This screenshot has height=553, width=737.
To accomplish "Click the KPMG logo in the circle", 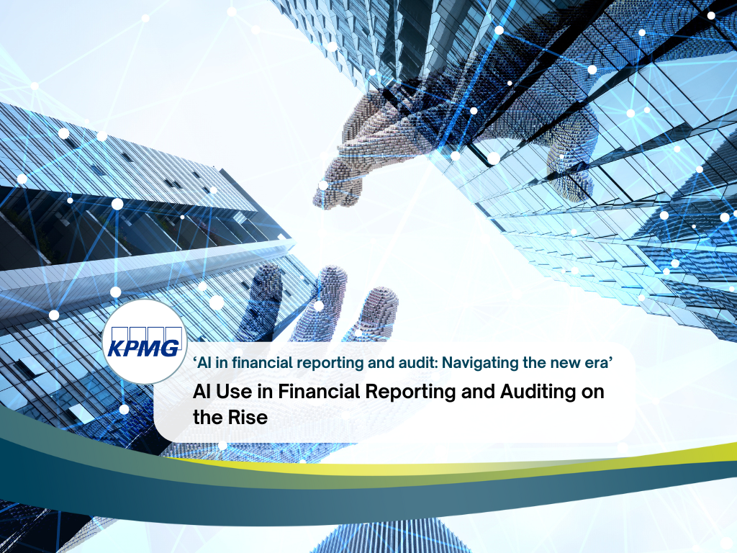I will tap(143, 341).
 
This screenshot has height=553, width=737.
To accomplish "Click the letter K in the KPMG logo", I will tap(115, 349).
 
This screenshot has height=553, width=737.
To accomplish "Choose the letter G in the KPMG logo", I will tap(170, 349).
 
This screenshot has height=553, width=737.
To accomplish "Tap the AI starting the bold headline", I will tap(203, 393).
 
